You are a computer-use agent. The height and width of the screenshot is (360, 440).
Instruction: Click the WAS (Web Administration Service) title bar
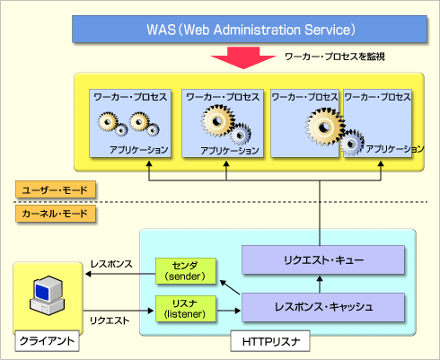click(250, 29)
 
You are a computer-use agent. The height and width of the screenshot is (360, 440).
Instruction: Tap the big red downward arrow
click(243, 57)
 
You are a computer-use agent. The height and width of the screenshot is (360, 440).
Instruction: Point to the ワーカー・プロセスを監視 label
click(335, 57)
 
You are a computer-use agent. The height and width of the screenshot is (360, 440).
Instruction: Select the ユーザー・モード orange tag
click(56, 189)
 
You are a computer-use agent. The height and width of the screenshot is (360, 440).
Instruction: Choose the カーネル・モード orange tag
click(56, 214)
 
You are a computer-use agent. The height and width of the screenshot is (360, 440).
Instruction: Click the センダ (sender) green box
click(186, 271)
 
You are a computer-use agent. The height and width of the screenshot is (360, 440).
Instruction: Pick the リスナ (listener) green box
click(186, 309)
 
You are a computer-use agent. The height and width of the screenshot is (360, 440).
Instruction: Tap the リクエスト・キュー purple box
click(323, 259)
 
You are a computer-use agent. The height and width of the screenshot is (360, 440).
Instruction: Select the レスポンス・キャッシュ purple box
click(323, 307)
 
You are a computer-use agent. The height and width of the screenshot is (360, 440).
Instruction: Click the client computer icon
click(47, 295)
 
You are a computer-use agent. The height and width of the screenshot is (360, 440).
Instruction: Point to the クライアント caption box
click(47, 341)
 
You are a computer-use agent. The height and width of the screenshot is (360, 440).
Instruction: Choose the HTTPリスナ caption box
click(270, 341)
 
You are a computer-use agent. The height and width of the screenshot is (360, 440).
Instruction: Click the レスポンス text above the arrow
click(111, 264)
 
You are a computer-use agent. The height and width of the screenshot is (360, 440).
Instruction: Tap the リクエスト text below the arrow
click(110, 320)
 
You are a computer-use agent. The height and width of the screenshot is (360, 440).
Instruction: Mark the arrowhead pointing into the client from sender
click(88, 274)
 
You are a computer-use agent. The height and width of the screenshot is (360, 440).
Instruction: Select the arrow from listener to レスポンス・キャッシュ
click(229, 311)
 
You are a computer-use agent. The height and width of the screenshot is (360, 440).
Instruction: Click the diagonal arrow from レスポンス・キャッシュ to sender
click(230, 287)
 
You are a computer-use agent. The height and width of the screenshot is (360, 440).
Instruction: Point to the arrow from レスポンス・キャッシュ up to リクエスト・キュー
click(320, 285)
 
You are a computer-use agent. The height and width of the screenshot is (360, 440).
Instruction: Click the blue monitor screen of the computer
click(41, 292)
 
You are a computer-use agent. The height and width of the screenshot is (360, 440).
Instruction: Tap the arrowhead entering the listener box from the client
click(151, 311)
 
